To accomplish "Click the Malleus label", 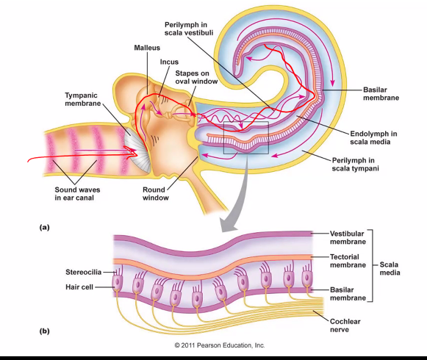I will coord(147,47).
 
